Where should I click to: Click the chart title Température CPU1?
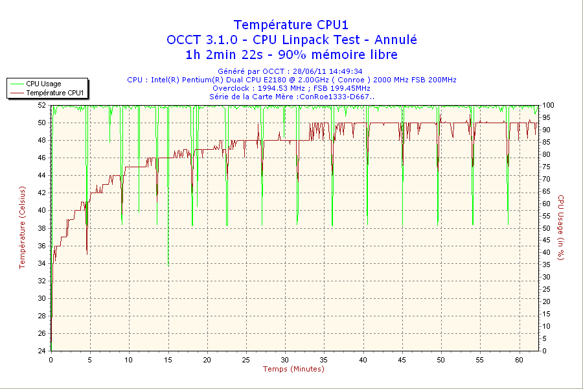291,25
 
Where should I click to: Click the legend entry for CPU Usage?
44,84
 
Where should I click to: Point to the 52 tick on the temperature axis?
41,105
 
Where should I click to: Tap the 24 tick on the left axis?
41,351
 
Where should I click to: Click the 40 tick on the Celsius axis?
41,210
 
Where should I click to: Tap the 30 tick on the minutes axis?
285,360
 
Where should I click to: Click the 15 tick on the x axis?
168,360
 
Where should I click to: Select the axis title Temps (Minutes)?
293,370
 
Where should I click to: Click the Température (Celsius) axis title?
22,227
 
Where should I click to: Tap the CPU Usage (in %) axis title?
561,227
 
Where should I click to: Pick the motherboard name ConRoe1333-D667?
336,97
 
